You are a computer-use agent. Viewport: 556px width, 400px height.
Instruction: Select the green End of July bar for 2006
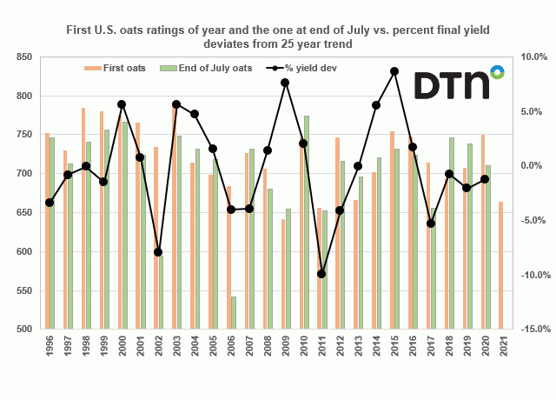234,313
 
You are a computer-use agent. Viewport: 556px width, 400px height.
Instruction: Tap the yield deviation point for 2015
394,71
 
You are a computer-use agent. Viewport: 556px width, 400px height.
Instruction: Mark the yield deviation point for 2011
321,274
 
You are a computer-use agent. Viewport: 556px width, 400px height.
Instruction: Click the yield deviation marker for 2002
158,252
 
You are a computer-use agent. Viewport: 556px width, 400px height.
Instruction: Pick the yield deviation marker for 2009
285,83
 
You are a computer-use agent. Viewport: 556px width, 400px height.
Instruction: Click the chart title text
278,36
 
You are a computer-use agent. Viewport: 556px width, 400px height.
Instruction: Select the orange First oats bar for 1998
83,218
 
